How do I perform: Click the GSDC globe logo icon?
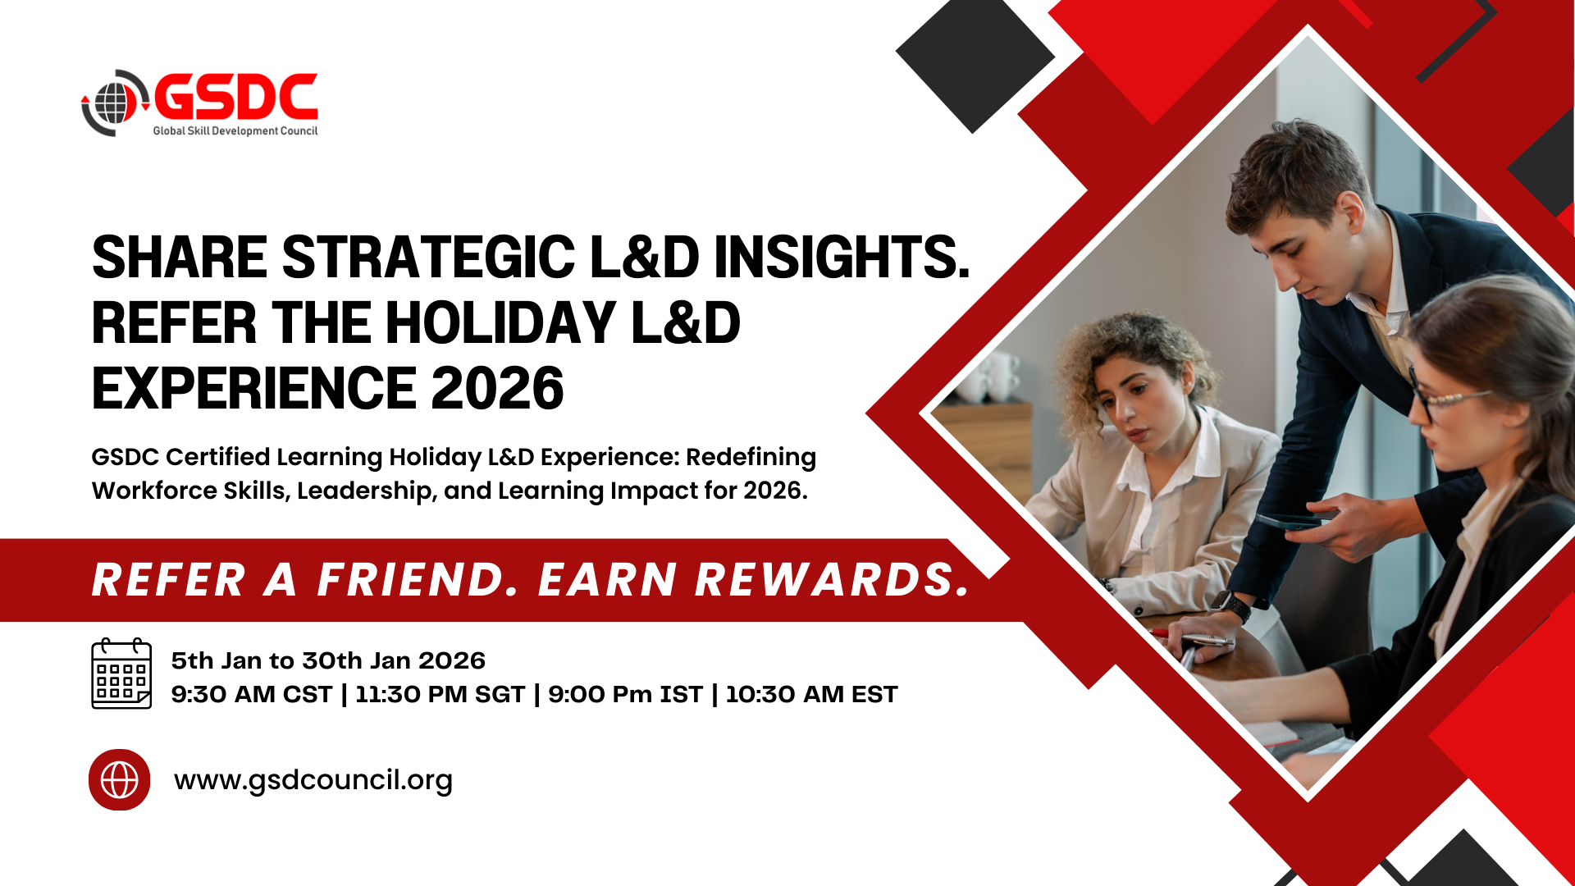point(115,103)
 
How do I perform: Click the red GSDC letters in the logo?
point(235,97)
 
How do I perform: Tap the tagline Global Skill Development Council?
point(235,130)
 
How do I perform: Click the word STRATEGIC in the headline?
point(428,257)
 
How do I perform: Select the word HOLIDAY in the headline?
point(500,322)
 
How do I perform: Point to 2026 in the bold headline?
point(497,388)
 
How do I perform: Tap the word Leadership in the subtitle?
point(366,491)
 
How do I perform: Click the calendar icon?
point(121,674)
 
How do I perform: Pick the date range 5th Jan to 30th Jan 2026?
point(328,660)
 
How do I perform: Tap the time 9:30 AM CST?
point(251,694)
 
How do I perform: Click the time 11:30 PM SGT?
point(440,694)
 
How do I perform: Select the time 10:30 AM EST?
point(811,694)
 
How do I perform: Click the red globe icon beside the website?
point(120,779)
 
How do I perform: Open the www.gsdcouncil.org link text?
point(313,780)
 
